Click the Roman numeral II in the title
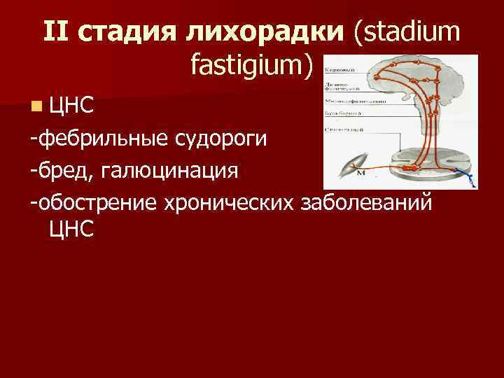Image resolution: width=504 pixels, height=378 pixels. pyautogui.click(x=56, y=33)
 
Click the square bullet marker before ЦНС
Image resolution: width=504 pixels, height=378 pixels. pyautogui.click(x=35, y=106)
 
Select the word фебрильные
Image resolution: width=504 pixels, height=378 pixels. pyautogui.click(x=100, y=139)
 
